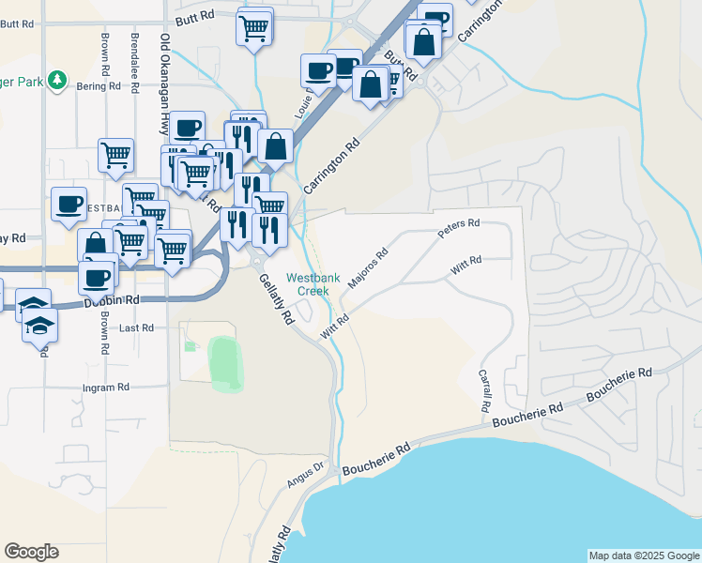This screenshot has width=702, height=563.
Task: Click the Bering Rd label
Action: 100,85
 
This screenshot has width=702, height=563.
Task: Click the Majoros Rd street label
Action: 368,267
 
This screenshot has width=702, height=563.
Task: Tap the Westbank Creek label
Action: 308,284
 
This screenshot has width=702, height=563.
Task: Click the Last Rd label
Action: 136,327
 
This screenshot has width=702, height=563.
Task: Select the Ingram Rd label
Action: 105,388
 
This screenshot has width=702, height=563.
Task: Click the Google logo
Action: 31,552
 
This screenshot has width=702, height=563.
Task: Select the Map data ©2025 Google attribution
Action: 644,555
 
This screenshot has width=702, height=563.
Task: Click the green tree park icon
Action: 58,80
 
